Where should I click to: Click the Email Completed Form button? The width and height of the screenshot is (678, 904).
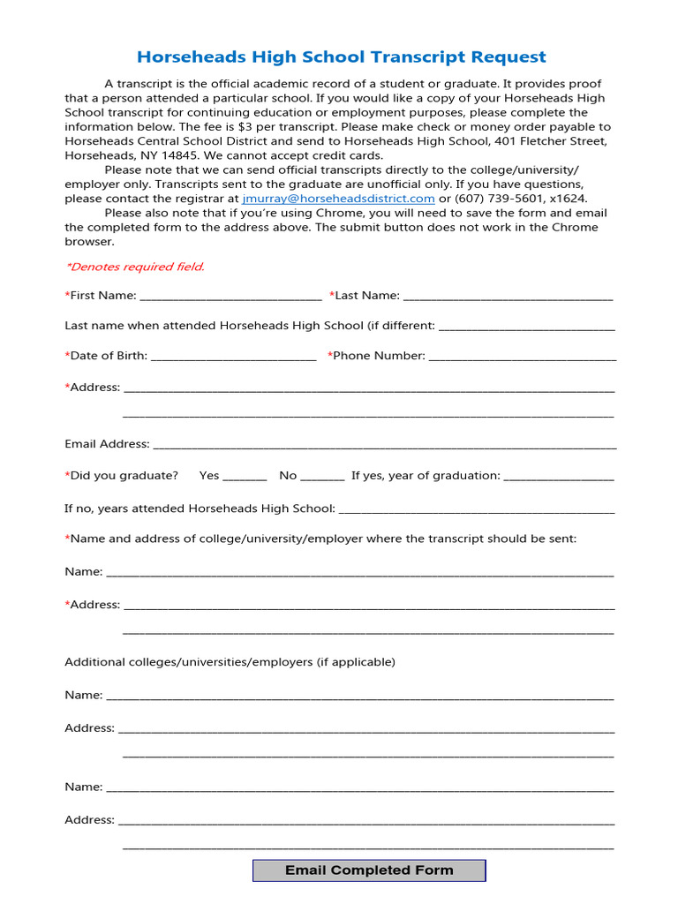(369, 870)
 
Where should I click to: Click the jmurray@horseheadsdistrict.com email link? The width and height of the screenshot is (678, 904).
(338, 199)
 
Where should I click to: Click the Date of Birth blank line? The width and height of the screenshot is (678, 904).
(233, 357)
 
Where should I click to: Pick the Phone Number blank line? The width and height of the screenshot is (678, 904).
(522, 357)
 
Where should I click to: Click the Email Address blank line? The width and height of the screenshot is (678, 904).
(384, 445)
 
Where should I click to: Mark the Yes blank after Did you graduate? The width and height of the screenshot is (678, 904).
(245, 477)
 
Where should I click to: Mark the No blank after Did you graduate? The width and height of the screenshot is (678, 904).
(322, 477)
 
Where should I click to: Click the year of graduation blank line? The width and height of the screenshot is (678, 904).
(558, 477)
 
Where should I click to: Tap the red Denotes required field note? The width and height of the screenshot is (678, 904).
(135, 267)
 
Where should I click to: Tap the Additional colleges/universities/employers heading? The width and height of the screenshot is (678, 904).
(230, 662)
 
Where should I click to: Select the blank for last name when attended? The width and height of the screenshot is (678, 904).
(526, 327)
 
